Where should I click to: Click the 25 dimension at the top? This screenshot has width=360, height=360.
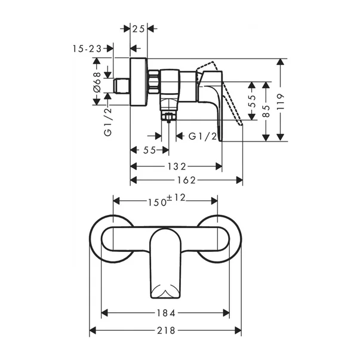tap(139, 28)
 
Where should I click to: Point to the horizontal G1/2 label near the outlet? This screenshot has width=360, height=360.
tap(202, 136)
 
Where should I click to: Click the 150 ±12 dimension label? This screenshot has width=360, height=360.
tap(167, 201)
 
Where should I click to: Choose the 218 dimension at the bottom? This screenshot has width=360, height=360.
tap(166, 330)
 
